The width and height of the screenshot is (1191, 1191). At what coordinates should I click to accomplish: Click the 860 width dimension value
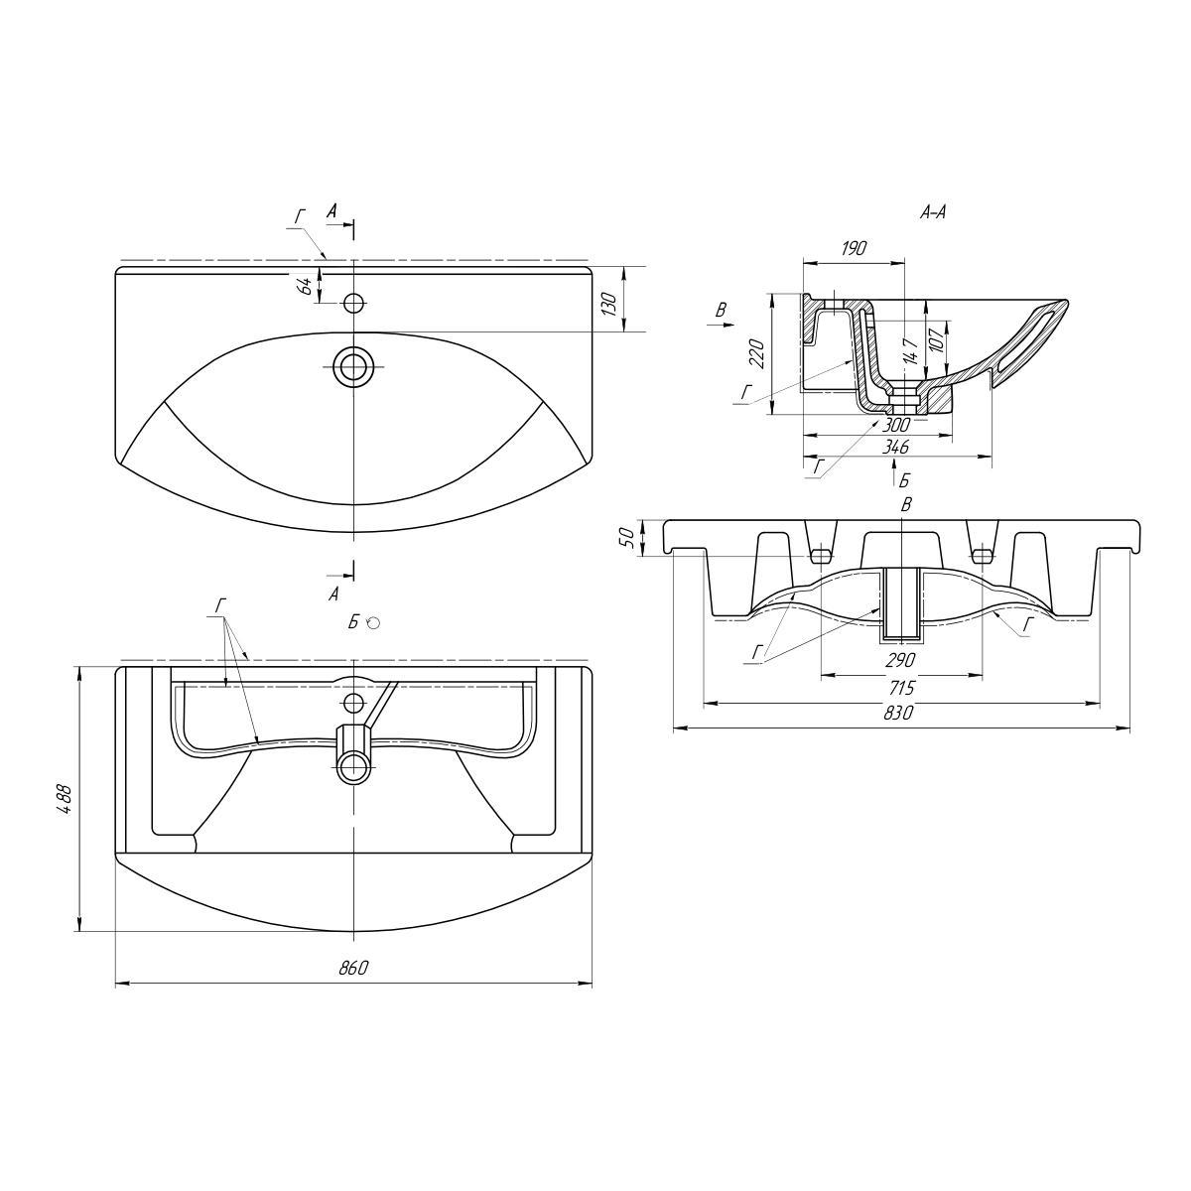coord(353,967)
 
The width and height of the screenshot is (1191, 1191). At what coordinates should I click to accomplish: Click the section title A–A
coord(932,212)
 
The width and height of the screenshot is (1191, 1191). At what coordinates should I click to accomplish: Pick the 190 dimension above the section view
coord(853,248)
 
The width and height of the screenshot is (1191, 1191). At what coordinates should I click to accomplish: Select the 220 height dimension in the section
coord(759,353)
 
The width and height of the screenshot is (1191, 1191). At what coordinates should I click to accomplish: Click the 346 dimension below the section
coord(896,447)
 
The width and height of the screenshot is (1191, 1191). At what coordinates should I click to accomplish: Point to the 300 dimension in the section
coord(896,425)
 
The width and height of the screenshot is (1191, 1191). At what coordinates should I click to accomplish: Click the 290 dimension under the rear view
coord(900,660)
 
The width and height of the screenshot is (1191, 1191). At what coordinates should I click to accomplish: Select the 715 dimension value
coord(900,687)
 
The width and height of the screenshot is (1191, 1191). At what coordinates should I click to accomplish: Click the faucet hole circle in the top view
coord(353,303)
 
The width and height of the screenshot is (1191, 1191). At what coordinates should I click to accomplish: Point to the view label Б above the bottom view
coord(352,622)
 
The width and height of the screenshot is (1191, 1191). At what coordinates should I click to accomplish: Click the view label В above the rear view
coord(906,505)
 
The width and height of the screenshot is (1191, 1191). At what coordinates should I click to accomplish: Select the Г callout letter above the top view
coord(300,217)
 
